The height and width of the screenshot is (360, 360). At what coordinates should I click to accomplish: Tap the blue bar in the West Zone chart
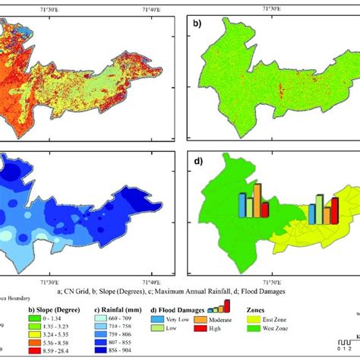(242, 205)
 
